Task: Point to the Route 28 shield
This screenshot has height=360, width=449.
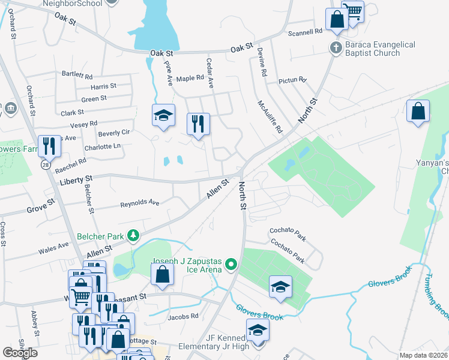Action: tap(45, 164)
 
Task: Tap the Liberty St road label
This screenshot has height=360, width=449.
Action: tap(76, 179)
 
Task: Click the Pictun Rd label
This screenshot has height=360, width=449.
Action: tap(292, 80)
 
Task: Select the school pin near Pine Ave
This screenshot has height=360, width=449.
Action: tap(163, 115)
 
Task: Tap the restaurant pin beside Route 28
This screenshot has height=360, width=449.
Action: tap(48, 146)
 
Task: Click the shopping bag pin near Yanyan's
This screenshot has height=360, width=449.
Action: tap(418, 112)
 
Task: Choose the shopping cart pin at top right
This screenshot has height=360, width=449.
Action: tap(354, 10)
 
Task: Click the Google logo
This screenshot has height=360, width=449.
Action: tap(20, 352)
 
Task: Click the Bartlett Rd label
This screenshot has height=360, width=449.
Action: tap(77, 76)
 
